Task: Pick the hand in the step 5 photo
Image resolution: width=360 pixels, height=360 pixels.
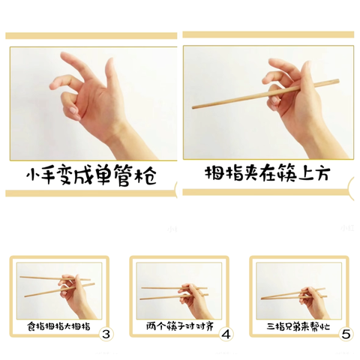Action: [311, 296]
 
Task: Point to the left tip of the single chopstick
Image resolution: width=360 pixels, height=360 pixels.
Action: [195, 106]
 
